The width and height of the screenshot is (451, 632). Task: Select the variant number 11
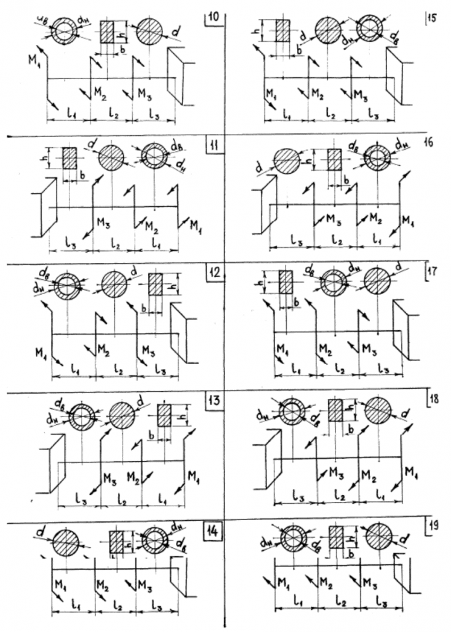(214, 146)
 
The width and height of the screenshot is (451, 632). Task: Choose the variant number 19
(432, 527)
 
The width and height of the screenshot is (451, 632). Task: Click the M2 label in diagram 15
(318, 94)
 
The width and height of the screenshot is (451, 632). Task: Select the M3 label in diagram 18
(334, 473)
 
